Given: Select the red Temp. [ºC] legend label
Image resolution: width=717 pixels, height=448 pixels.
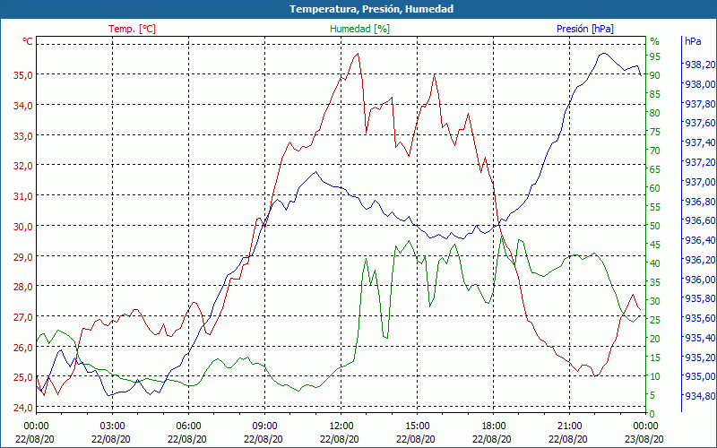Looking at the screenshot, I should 132,29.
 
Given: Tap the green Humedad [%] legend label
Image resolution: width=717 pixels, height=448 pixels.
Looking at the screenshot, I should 360,29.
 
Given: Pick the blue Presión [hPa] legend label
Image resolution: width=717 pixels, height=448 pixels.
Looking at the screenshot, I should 585,29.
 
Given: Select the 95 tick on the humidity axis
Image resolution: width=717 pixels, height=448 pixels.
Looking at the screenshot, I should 655,56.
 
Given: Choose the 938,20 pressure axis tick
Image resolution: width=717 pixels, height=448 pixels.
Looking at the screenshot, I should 698,65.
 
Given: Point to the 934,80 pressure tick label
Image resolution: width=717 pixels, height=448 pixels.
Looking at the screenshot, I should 698,396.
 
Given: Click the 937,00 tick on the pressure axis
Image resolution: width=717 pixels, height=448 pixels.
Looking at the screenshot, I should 698,182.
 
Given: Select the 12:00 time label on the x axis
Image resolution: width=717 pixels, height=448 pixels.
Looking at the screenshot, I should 341,425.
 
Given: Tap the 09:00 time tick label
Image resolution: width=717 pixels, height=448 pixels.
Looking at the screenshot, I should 264,425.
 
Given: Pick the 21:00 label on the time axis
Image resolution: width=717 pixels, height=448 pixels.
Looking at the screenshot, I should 569,425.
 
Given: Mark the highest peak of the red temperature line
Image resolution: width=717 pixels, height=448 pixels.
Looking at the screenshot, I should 358,53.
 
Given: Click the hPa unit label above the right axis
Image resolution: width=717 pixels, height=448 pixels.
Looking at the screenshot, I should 693,41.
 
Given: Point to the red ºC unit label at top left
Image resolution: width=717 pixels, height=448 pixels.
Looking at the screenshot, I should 28,41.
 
